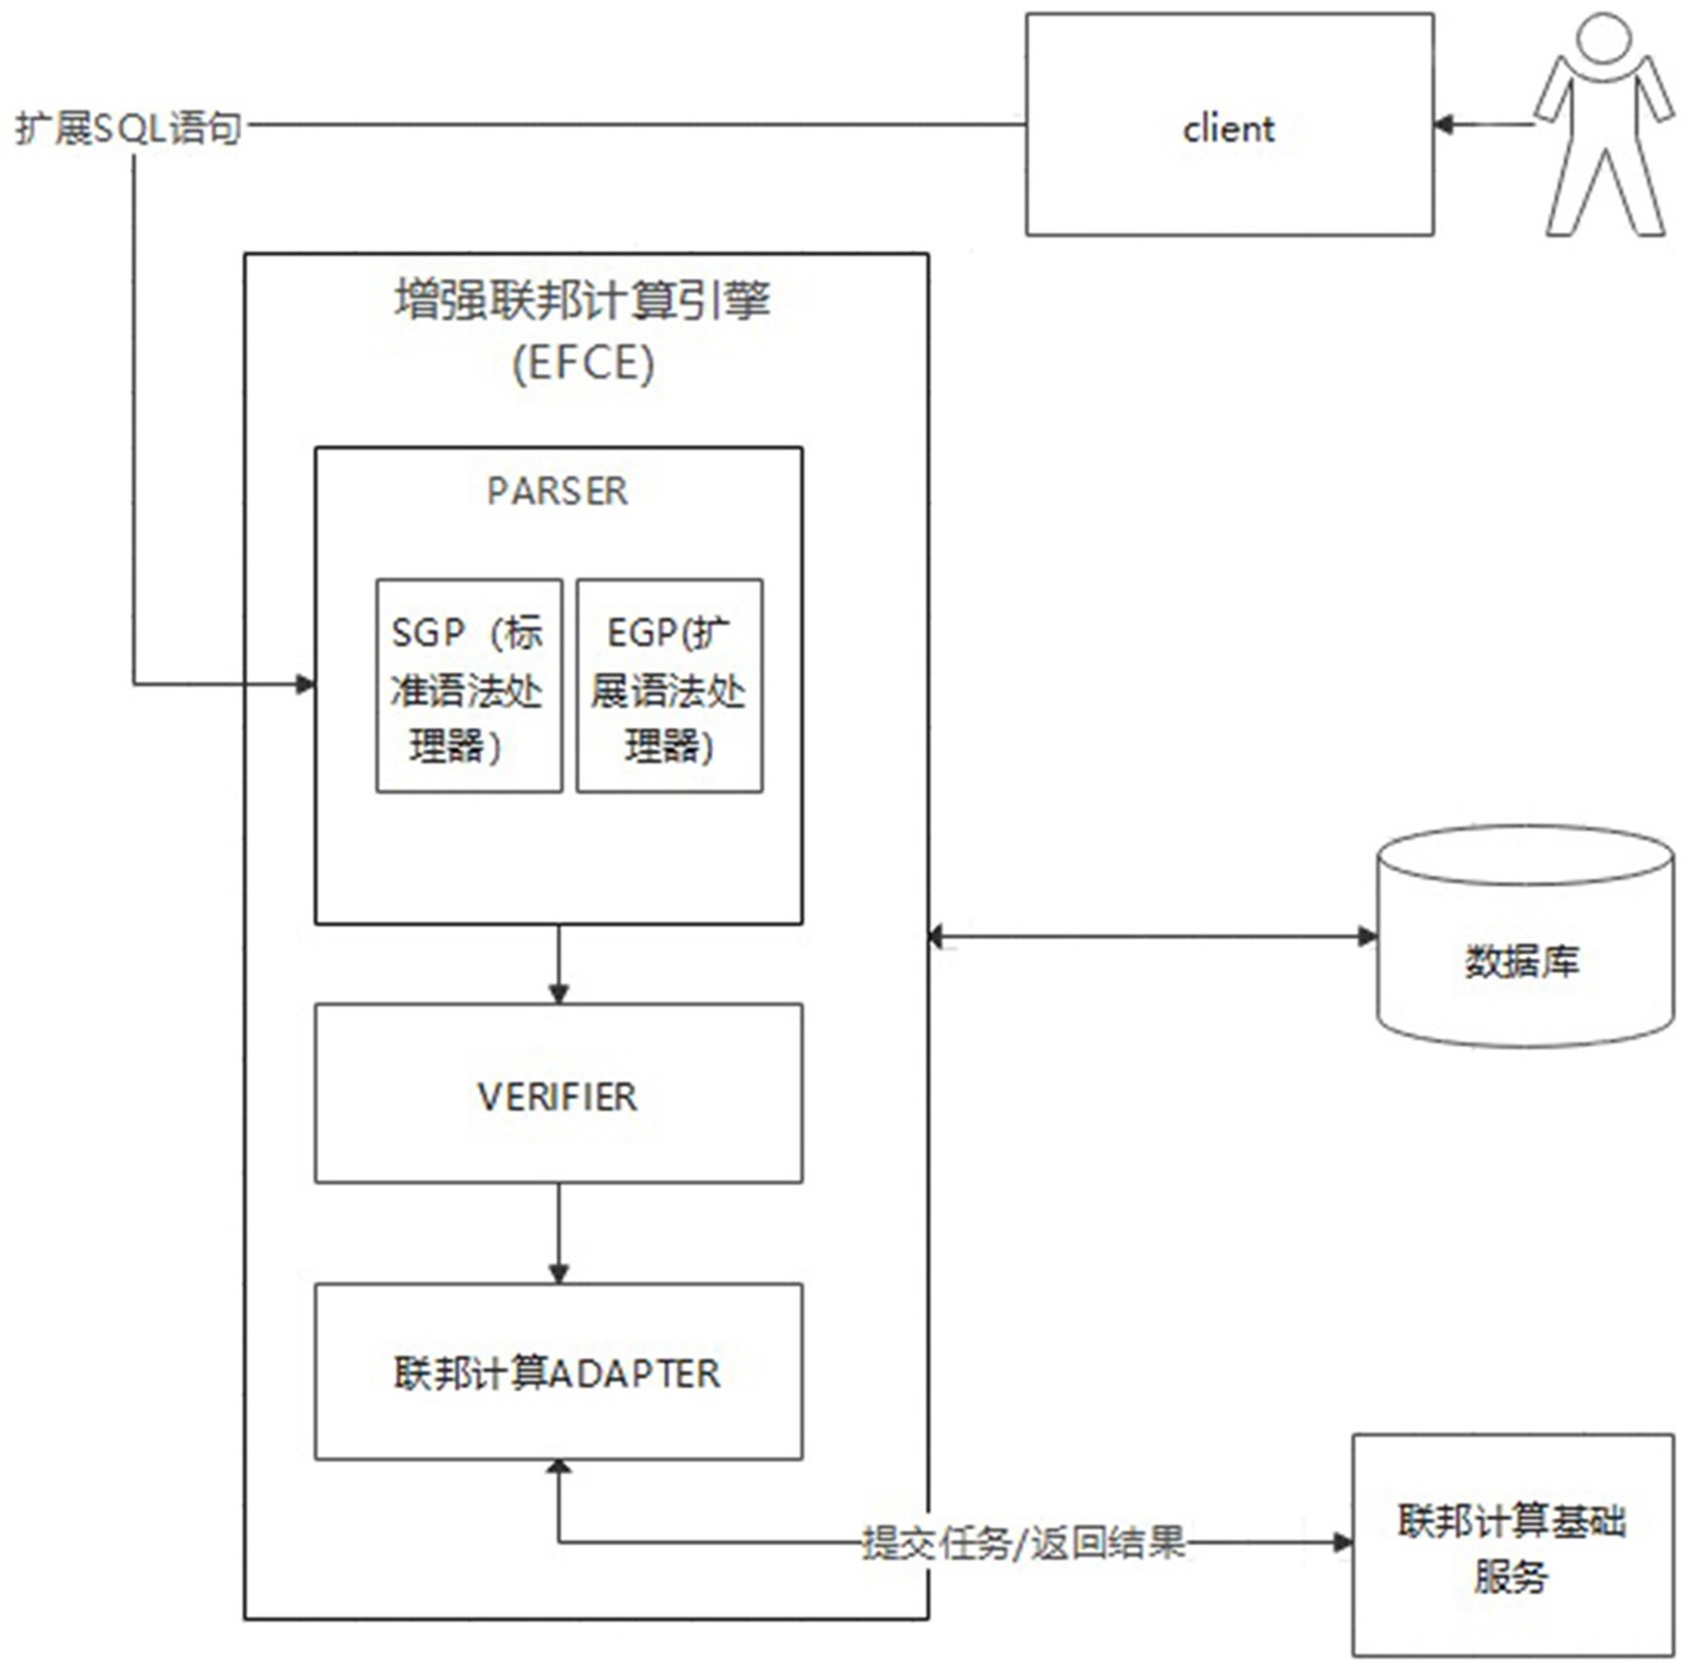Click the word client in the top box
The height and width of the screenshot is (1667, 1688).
coord(1228,128)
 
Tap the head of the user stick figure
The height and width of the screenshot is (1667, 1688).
coord(1604,38)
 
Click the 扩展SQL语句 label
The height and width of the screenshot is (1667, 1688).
coord(129,128)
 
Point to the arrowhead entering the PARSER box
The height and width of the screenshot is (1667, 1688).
coord(305,683)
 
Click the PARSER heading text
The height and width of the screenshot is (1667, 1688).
coord(558,491)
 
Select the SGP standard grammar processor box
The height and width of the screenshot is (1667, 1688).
coord(469,685)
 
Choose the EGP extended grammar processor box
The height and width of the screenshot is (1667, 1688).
coord(669,685)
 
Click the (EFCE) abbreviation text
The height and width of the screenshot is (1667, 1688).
coord(583,363)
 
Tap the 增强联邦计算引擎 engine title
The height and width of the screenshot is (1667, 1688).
coord(583,300)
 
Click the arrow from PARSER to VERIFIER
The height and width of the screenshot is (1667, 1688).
coord(559,964)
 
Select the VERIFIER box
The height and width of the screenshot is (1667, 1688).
coord(559,1093)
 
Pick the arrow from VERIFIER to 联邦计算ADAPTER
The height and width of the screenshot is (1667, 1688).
coord(559,1233)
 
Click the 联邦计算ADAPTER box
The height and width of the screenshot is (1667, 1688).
coord(559,1372)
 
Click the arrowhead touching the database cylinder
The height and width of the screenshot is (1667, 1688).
coord(1367,937)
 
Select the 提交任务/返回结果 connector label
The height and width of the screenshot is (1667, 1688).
coord(1024,1542)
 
